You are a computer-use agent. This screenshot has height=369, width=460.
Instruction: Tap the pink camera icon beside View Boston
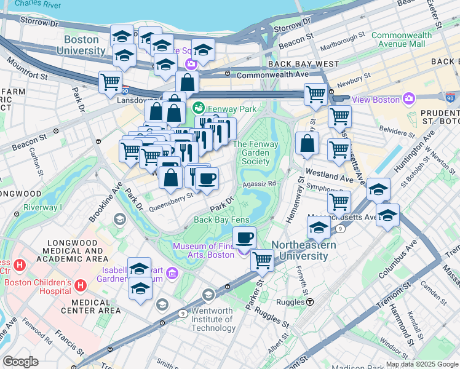click(408, 99)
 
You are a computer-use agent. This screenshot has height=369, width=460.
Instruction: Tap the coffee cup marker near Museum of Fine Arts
click(245, 237)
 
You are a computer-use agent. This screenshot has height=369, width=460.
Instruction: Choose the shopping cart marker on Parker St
click(262, 260)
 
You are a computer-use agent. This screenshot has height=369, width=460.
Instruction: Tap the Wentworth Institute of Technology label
click(212, 319)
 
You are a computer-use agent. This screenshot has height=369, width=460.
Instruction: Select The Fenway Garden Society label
click(255, 153)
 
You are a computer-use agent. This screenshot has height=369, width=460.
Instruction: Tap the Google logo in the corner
click(20, 362)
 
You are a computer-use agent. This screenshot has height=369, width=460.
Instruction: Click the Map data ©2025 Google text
click(422, 364)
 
